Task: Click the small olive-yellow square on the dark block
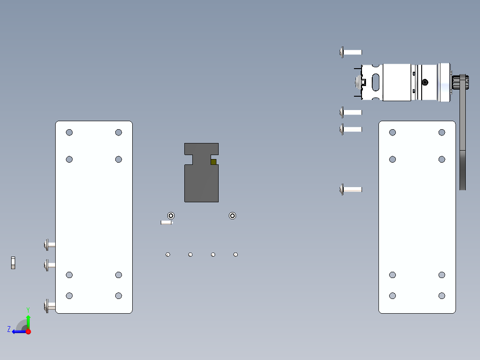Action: (214, 162)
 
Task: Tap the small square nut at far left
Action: (13, 263)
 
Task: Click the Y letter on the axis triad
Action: (28, 309)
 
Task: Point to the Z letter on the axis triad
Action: (9, 329)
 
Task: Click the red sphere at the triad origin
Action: (28, 331)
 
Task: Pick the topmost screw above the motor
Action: (351, 52)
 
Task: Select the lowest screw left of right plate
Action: (351, 189)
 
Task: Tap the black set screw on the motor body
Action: (425, 82)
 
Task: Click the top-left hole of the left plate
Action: (69, 132)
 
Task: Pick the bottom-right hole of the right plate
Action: (442, 295)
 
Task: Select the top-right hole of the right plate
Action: (442, 132)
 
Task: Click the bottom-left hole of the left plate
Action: (69, 295)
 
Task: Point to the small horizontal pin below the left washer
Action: (166, 222)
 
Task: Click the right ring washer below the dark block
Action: (232, 216)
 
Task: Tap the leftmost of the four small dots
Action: (168, 254)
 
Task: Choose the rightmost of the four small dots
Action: (236, 254)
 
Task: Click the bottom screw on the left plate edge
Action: (49, 306)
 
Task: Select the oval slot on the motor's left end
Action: (376, 82)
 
